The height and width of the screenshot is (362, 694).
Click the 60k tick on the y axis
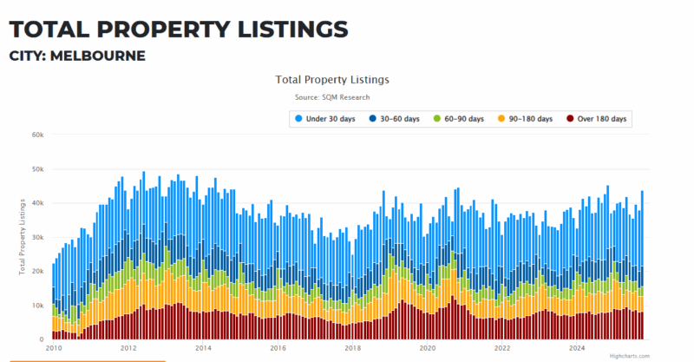tap(37, 135)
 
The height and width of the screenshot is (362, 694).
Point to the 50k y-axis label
tap(37, 169)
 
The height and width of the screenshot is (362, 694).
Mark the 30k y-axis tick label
tap(37, 237)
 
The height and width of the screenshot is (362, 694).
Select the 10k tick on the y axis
tap(37, 306)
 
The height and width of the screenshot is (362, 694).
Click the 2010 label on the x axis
tap(54, 348)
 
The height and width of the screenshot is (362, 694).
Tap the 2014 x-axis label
tap(203, 348)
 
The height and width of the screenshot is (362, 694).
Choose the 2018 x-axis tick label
tap(353, 348)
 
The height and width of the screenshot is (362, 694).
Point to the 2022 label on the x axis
tap(502, 348)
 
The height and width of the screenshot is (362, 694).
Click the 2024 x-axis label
tap(577, 348)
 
